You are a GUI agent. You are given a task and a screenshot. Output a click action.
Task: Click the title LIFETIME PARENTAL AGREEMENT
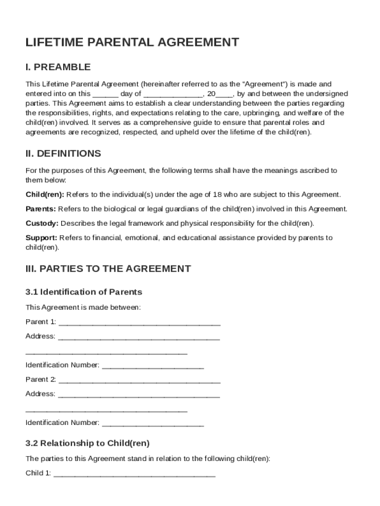click(x=132, y=42)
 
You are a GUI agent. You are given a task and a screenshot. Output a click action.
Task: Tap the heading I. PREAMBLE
click(x=58, y=67)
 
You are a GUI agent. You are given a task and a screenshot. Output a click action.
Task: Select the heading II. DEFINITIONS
click(x=63, y=154)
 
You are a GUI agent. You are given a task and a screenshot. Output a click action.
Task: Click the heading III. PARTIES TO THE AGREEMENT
click(x=108, y=269)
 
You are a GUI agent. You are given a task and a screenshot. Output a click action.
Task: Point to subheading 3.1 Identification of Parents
click(x=84, y=292)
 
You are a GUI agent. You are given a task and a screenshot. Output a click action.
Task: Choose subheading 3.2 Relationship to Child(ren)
click(x=87, y=443)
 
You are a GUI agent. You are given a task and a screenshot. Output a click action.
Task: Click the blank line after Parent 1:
click(x=139, y=323)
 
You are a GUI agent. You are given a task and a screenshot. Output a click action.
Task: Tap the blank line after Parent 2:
click(x=139, y=380)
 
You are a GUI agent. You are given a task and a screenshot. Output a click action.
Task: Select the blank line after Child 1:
click(x=134, y=474)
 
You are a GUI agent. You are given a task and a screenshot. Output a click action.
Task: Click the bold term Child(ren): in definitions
click(x=45, y=194)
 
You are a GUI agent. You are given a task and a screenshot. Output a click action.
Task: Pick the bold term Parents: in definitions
click(x=40, y=209)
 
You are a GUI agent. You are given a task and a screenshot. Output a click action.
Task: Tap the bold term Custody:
click(x=42, y=223)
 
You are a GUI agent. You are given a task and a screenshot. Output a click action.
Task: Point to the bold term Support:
click(x=41, y=238)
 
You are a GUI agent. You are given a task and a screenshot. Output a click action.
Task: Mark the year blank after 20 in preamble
click(x=225, y=94)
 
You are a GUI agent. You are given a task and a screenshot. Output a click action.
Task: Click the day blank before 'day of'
click(x=105, y=94)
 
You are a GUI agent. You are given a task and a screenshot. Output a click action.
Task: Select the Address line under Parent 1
click(x=139, y=337)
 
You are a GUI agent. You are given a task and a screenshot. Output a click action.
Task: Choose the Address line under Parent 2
click(x=139, y=395)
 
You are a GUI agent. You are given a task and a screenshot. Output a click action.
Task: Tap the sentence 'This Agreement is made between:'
click(x=83, y=307)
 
